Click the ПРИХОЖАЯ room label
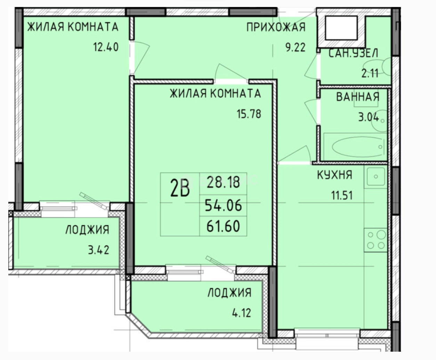pyautogui.click(x=276, y=27)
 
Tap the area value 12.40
pyautogui.click(x=106, y=47)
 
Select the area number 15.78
pyautogui.click(x=249, y=114)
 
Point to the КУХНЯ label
pyautogui.click(x=335, y=175)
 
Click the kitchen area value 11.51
pyautogui.click(x=342, y=195)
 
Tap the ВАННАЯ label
pyautogui.click(x=358, y=97)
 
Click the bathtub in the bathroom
pyautogui.click(x=355, y=147)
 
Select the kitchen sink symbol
pyautogui.click(x=376, y=177)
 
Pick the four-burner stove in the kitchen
pyautogui.click(x=376, y=240)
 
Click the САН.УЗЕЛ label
pyautogui.click(x=353, y=53)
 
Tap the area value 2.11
pyautogui.click(x=370, y=73)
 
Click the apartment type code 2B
pyautogui.click(x=180, y=188)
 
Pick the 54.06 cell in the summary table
pyautogui.click(x=223, y=205)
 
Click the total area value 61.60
pyautogui.click(x=223, y=226)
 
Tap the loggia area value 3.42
pyautogui.click(x=98, y=250)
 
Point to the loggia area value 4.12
pyautogui.click(x=241, y=313)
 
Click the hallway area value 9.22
pyautogui.click(x=296, y=47)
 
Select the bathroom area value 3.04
pyautogui.click(x=369, y=117)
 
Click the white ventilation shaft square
pyautogui.click(x=341, y=28)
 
